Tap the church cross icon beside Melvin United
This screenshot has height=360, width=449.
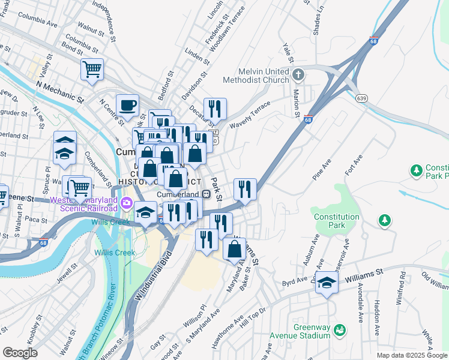click(x=298, y=75)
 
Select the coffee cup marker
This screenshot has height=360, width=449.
click(x=127, y=106)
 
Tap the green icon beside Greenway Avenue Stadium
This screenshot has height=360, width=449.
click(x=340, y=330)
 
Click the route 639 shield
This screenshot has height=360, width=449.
click(x=361, y=97)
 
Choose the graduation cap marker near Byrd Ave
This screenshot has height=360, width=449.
click(x=327, y=282)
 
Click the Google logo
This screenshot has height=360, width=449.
click(x=20, y=352)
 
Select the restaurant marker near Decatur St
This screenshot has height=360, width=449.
click(x=214, y=109)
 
